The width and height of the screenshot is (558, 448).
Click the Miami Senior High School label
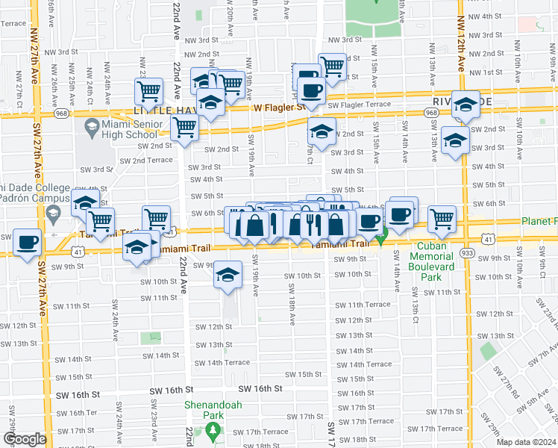(x=131, y=128)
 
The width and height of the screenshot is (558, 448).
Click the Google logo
(x=25, y=439)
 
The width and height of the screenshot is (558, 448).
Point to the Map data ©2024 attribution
(x=527, y=441)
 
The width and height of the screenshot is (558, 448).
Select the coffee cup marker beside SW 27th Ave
(x=28, y=243)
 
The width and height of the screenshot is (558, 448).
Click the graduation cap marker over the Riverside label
(x=465, y=105)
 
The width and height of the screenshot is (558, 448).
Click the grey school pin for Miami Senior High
(x=92, y=125)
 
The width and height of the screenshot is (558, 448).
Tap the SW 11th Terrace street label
(x=363, y=305)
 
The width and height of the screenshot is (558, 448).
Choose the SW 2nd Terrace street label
(x=146, y=161)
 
